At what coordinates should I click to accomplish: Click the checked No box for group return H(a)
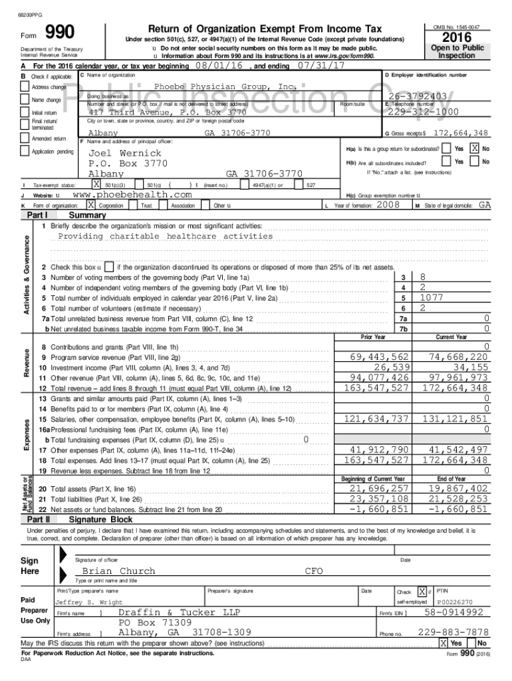point(473,148)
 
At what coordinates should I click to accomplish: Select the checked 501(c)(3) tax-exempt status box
point(97,184)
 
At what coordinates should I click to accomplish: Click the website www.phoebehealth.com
point(132,195)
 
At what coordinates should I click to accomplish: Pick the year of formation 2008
point(388,205)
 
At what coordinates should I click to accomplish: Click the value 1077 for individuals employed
point(432,298)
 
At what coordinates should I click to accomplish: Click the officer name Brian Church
point(118,571)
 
